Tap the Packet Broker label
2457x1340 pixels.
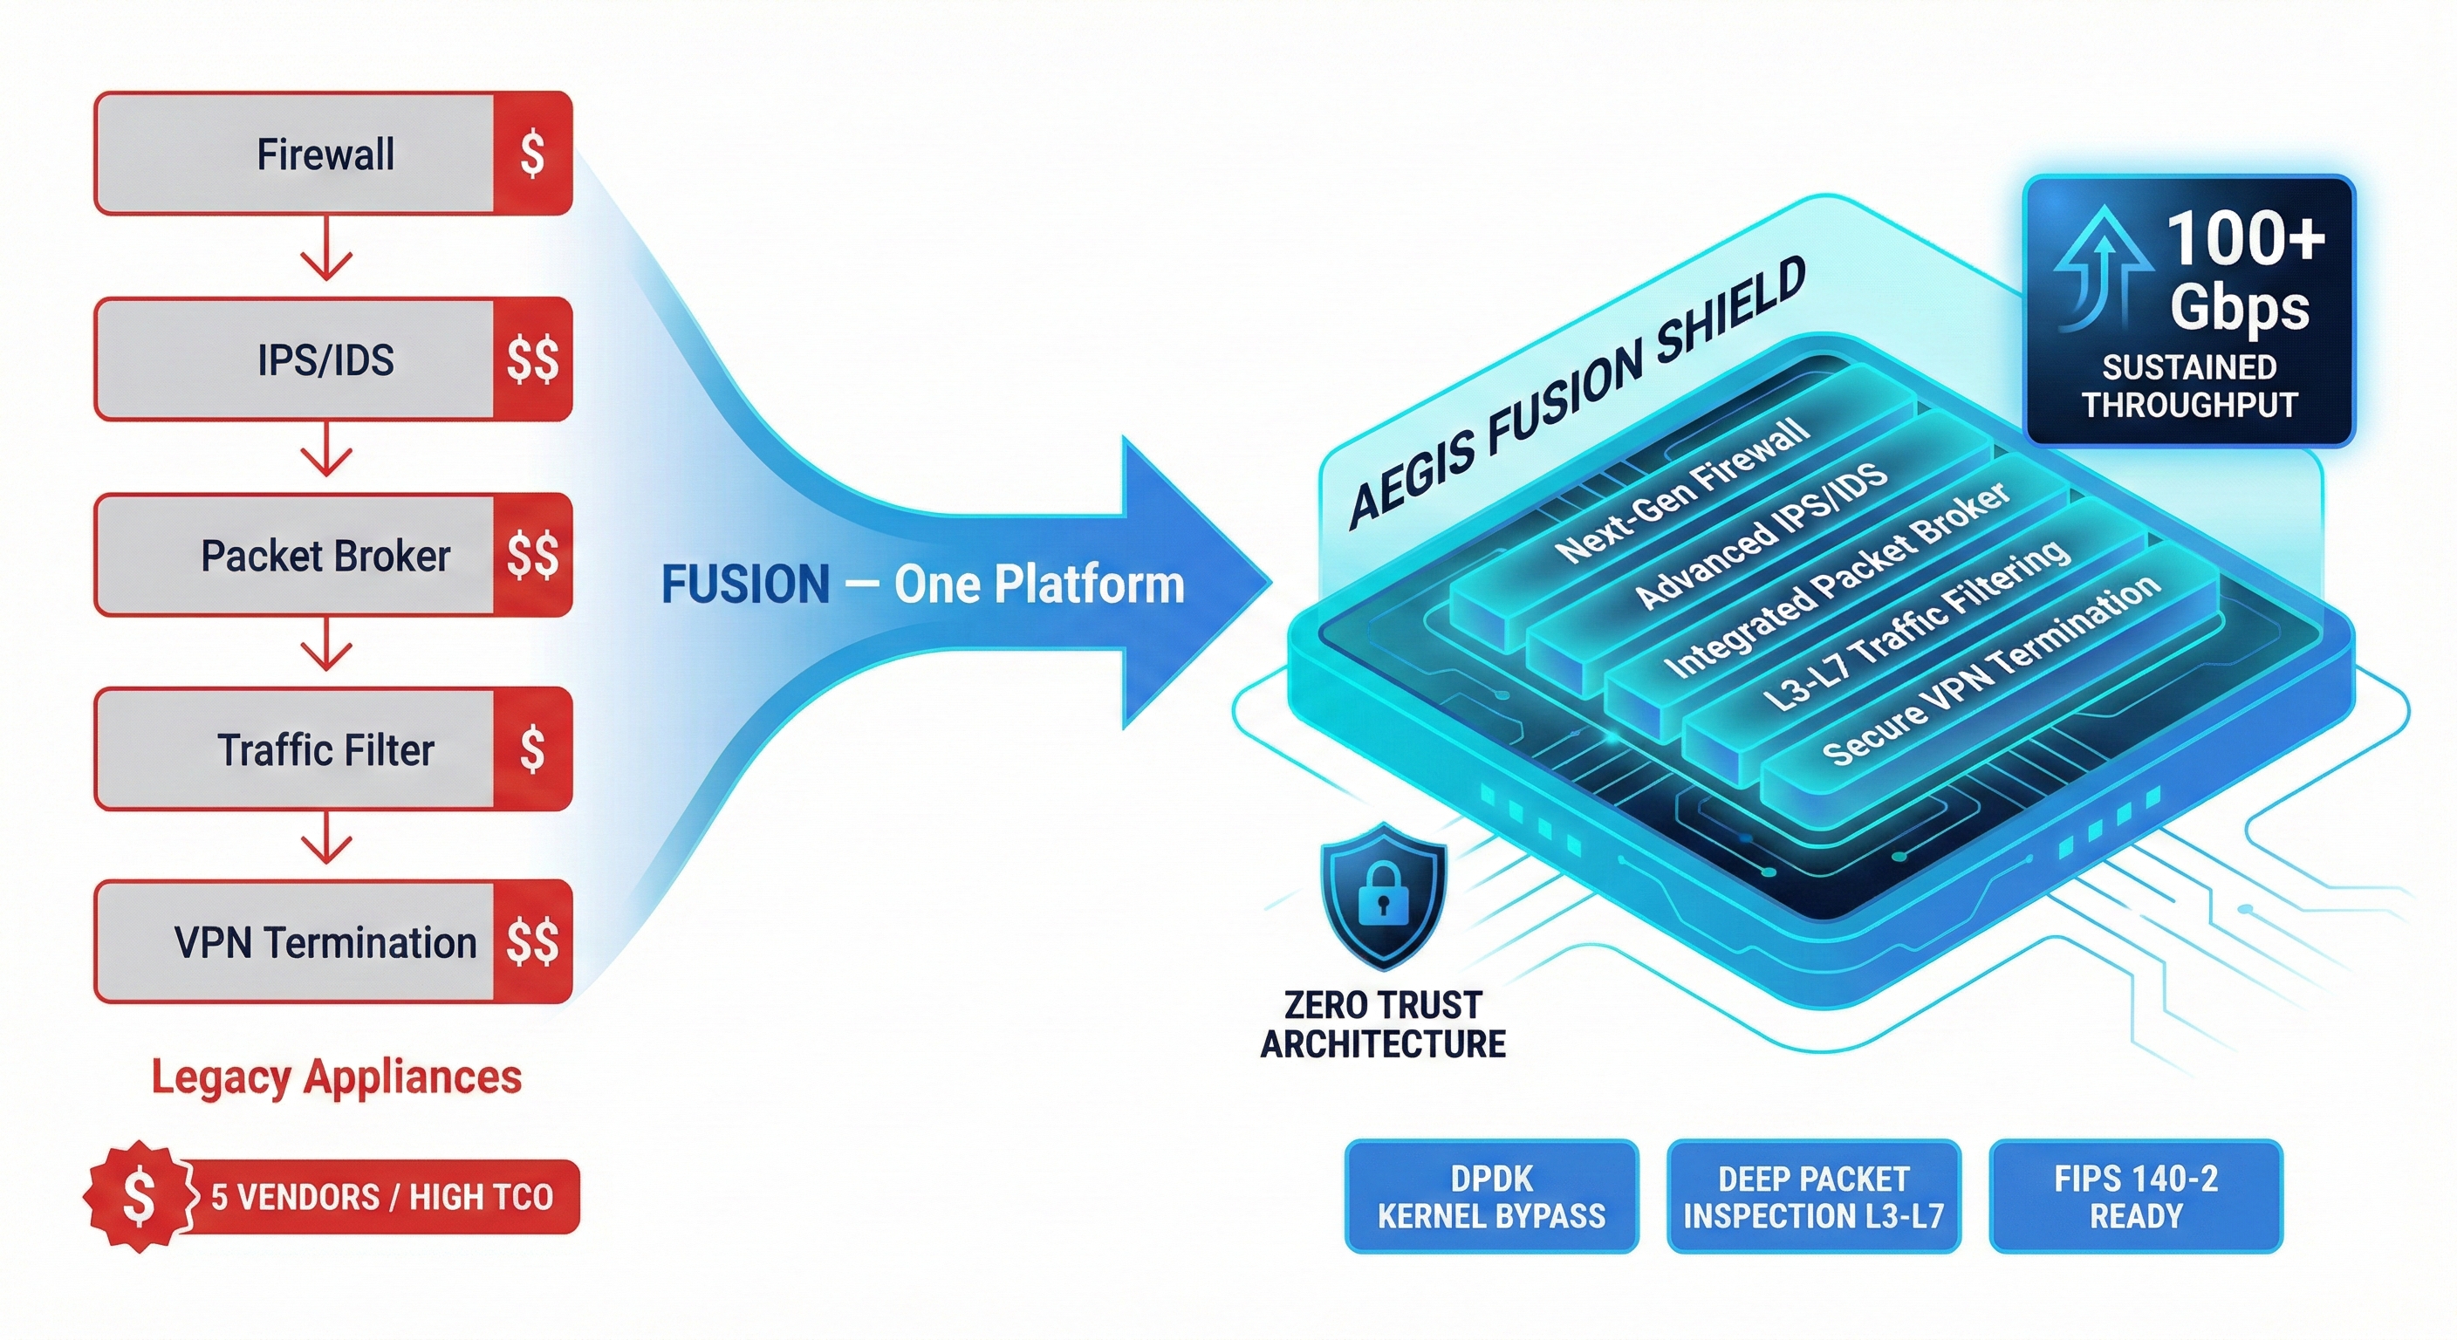click(x=325, y=556)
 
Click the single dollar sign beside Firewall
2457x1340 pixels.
click(x=532, y=154)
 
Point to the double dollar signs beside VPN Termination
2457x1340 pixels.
click(x=532, y=942)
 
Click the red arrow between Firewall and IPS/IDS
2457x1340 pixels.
click(x=326, y=252)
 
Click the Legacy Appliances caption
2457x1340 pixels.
click(x=337, y=1077)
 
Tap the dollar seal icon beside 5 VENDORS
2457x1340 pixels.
click(x=140, y=1196)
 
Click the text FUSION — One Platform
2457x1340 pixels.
click(x=922, y=584)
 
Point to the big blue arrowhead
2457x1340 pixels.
click(x=1192, y=582)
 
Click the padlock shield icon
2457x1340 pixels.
click(x=1383, y=897)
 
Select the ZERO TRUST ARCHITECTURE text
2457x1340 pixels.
click(x=1383, y=1025)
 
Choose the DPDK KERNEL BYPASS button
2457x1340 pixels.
click(x=1492, y=1197)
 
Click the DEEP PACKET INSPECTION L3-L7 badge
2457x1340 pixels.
click(x=1813, y=1197)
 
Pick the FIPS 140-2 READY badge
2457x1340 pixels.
click(x=2136, y=1197)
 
